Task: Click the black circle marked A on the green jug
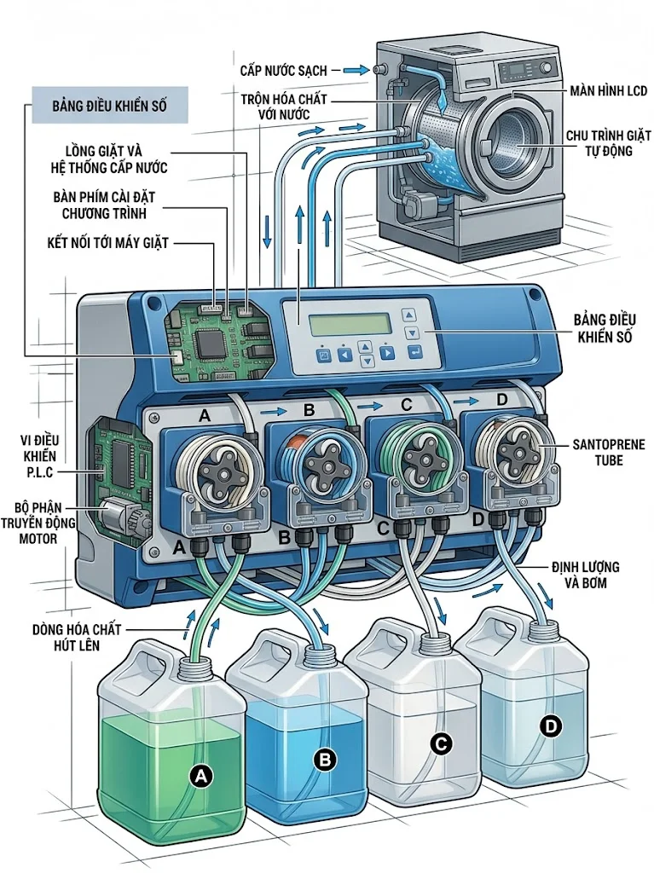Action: point(201,776)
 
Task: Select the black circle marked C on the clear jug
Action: point(441,743)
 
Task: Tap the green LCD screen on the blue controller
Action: point(350,324)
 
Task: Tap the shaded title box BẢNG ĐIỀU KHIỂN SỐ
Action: point(109,107)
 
